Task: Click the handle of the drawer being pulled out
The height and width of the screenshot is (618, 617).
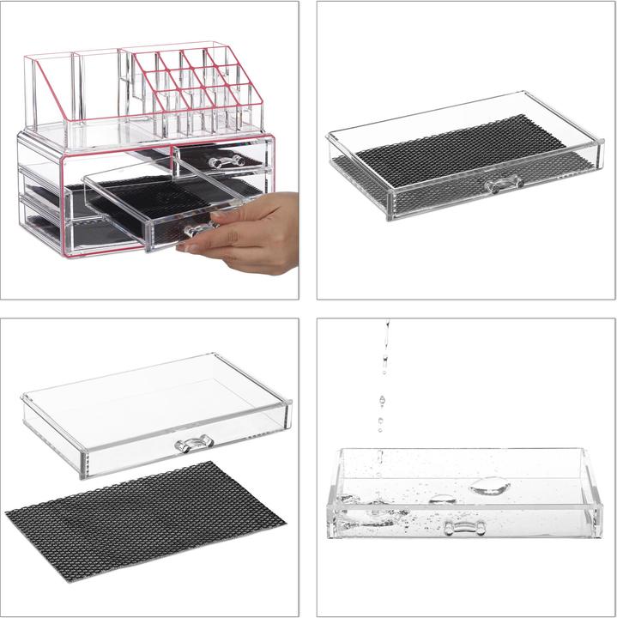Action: pos(197,229)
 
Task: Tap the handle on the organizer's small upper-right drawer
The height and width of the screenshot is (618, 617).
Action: pos(221,161)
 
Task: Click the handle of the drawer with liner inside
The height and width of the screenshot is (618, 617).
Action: pos(503,184)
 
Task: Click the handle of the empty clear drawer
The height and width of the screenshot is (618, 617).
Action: pos(194,444)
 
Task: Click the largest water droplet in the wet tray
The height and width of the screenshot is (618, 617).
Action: pos(490,486)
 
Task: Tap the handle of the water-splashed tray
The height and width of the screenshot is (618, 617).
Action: pos(464,526)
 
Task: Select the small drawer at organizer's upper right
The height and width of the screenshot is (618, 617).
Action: pos(221,156)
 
